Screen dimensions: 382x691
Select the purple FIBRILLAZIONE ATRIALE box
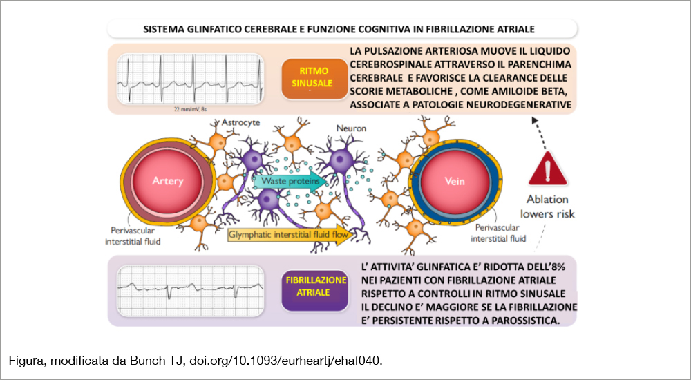point(314,287)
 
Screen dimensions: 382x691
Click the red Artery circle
point(168,181)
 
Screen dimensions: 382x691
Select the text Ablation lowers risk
point(547,207)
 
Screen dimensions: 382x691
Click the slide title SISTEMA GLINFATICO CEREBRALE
point(339,29)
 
